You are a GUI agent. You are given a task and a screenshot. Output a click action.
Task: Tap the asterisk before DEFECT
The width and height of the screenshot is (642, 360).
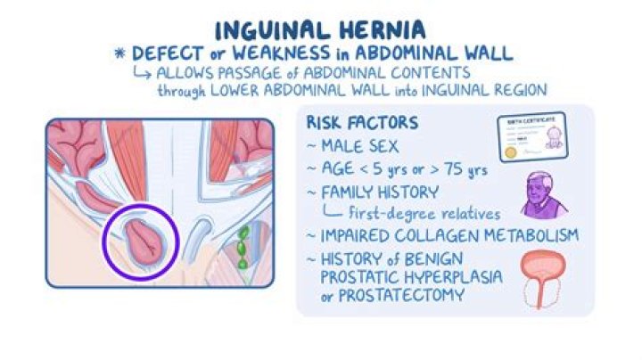(119, 54)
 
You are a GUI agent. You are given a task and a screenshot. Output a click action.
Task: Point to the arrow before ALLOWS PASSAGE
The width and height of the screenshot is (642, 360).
(145, 73)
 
